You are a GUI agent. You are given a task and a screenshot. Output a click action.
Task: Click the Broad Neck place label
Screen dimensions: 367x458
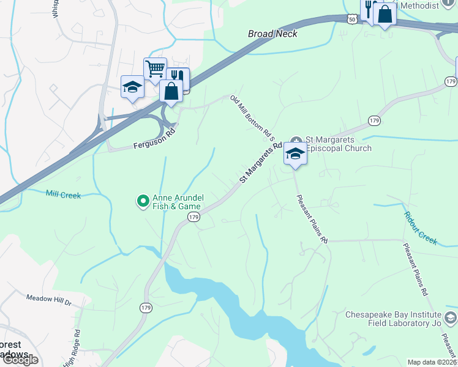[x=272, y=34]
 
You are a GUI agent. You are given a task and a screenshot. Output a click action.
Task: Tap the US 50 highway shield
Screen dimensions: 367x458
[x=351, y=20]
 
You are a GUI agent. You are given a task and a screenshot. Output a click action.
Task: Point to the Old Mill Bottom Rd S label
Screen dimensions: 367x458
[x=252, y=116]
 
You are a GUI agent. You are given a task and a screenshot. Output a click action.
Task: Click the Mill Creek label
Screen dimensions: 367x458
[x=63, y=194]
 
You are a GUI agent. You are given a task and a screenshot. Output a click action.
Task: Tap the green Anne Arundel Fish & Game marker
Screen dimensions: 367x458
[x=143, y=200]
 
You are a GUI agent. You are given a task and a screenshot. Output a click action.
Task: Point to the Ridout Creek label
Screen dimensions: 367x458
[x=421, y=228]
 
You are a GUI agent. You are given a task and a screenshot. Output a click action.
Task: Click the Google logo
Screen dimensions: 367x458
[x=20, y=359]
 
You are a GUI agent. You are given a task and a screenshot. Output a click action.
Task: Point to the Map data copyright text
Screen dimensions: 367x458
[x=432, y=362]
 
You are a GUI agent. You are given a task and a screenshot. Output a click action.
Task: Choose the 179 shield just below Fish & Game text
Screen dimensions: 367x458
[x=194, y=218]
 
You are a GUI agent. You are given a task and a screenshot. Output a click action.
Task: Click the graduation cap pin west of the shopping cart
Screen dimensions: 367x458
[x=132, y=87]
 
